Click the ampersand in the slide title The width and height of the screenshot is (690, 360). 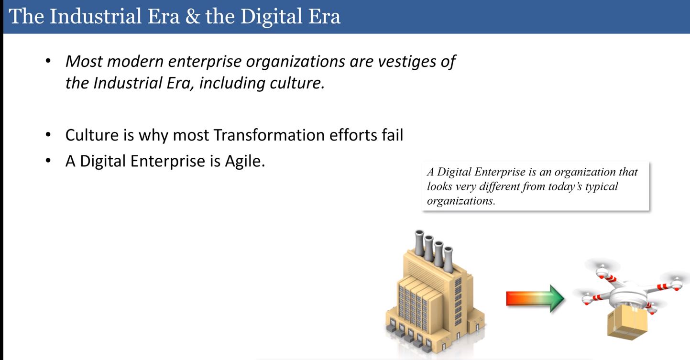coord(193,16)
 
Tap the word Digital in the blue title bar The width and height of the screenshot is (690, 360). coord(271,17)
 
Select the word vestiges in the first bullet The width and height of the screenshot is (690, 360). coord(406,62)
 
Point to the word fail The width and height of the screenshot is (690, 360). coord(392,134)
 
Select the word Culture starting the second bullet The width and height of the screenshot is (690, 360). coord(92,135)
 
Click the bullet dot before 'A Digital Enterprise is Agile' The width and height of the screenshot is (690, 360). coord(48,161)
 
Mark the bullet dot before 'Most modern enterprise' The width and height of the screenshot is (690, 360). coord(48,60)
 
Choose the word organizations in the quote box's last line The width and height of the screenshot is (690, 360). coord(461,201)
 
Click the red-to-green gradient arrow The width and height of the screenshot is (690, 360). coord(535,298)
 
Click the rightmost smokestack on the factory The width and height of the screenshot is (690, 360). coord(448,259)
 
